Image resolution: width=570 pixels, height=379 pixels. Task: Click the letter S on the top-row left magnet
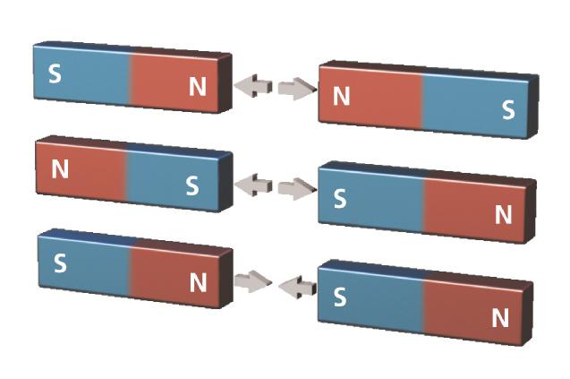(x=55, y=73)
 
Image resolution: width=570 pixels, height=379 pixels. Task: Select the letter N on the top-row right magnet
(x=341, y=96)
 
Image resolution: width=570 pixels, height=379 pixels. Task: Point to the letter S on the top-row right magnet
(x=508, y=110)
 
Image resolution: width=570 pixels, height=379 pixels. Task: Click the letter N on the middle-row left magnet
(x=60, y=169)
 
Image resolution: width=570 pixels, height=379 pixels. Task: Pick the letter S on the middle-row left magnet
(x=191, y=185)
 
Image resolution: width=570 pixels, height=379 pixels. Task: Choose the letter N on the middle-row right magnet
(x=503, y=215)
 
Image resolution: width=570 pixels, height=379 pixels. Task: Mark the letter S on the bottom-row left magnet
(x=60, y=264)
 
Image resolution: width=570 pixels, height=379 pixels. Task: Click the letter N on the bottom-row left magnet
(x=198, y=282)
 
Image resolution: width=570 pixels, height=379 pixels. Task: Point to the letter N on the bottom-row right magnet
(x=500, y=317)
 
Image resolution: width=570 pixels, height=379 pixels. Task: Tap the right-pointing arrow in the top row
(x=297, y=89)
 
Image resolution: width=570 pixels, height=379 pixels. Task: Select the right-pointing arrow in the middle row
(x=297, y=188)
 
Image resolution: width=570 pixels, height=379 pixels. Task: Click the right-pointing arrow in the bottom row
(x=252, y=281)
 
